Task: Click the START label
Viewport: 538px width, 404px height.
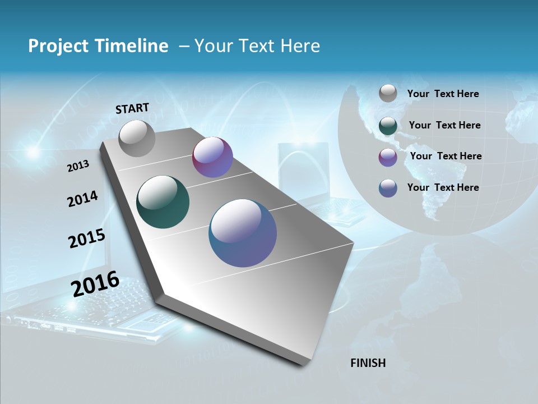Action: (132, 108)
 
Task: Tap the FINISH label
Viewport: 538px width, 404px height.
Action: (368, 363)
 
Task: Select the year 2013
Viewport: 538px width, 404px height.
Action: (78, 166)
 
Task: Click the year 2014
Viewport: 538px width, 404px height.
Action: (82, 199)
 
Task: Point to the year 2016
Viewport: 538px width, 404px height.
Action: (95, 284)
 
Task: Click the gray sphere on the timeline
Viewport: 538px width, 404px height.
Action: (137, 138)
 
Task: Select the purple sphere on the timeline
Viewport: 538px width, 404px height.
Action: (212, 157)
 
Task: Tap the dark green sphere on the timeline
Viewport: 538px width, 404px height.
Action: (163, 202)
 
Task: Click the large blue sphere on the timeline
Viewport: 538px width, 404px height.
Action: (243, 233)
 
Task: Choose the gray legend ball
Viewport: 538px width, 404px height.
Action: (388, 93)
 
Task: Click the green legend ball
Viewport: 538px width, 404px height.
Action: (388, 126)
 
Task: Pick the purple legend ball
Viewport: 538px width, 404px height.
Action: (388, 157)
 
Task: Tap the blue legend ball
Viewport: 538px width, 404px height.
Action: (388, 188)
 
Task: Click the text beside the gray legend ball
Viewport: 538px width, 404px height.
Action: (443, 94)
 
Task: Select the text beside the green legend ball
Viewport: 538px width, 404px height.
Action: (444, 125)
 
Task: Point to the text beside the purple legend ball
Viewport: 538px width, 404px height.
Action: (446, 156)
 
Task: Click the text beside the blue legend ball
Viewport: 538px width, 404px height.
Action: (443, 187)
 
